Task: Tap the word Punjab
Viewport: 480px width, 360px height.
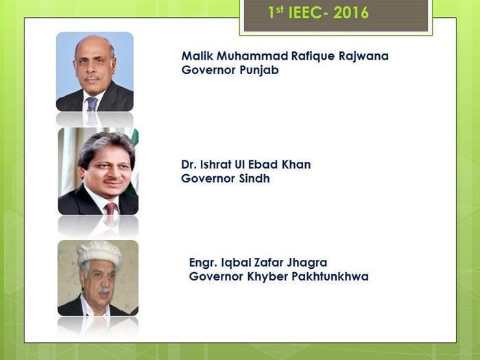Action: pyautogui.click(x=259, y=71)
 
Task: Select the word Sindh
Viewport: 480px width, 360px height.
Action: pyautogui.click(x=254, y=178)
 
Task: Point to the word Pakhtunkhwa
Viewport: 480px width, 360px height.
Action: pyautogui.click(x=330, y=276)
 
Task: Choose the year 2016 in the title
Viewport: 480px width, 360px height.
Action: pyautogui.click(x=351, y=13)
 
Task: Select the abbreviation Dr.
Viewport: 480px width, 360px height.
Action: pyautogui.click(x=189, y=165)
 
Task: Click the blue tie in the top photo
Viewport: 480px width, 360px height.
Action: pyautogui.click(x=91, y=104)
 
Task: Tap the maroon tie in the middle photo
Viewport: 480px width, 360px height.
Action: pyautogui.click(x=110, y=208)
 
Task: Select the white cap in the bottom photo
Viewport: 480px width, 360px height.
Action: pyautogui.click(x=99, y=253)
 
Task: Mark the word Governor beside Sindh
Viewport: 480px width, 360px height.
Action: pyautogui.click(x=208, y=178)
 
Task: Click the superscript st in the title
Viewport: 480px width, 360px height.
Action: pyautogui.click(x=280, y=10)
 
